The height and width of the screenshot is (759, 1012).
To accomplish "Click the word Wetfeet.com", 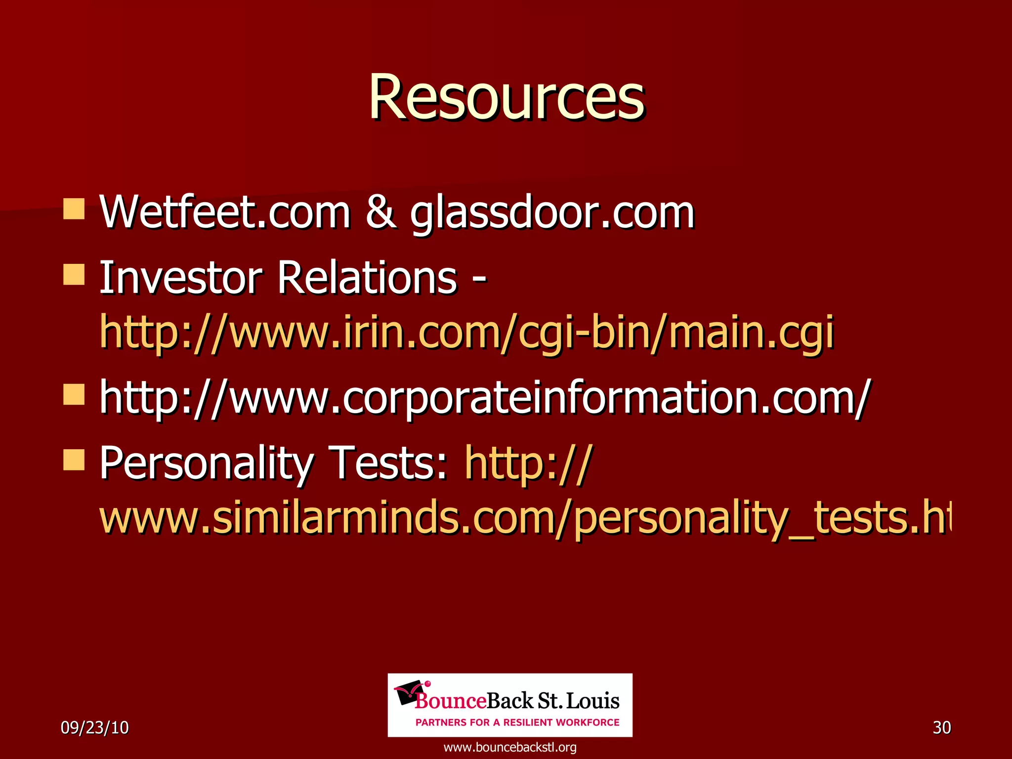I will click(x=225, y=212).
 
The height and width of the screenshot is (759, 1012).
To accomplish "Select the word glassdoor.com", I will click(x=552, y=213).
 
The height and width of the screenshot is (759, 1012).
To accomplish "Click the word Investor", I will click(x=181, y=278).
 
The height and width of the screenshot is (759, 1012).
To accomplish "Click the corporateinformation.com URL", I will click(x=484, y=398).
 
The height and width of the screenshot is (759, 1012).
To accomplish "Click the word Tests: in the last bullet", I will click(x=390, y=464).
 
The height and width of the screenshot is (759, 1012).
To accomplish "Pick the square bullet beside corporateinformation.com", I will click(x=74, y=394).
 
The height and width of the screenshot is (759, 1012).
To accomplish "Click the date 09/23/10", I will click(x=94, y=727).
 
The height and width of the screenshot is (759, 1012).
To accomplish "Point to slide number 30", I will click(x=941, y=727).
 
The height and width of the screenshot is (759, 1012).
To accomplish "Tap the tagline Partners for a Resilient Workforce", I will click(x=517, y=722).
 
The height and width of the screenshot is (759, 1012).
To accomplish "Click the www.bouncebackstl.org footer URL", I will click(x=510, y=747).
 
